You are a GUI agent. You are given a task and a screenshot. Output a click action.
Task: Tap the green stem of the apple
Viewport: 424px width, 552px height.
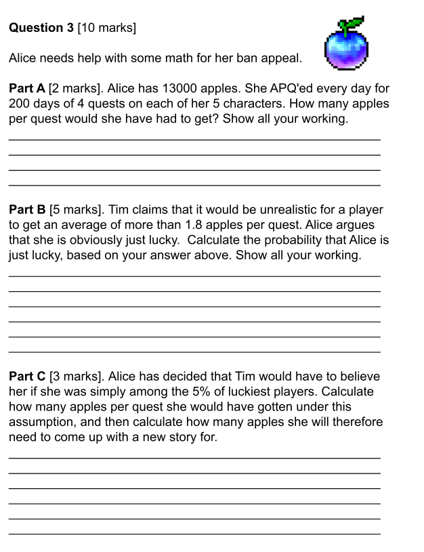[350, 26]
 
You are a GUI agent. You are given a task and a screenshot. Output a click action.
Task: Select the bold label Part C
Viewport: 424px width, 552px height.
[27, 377]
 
